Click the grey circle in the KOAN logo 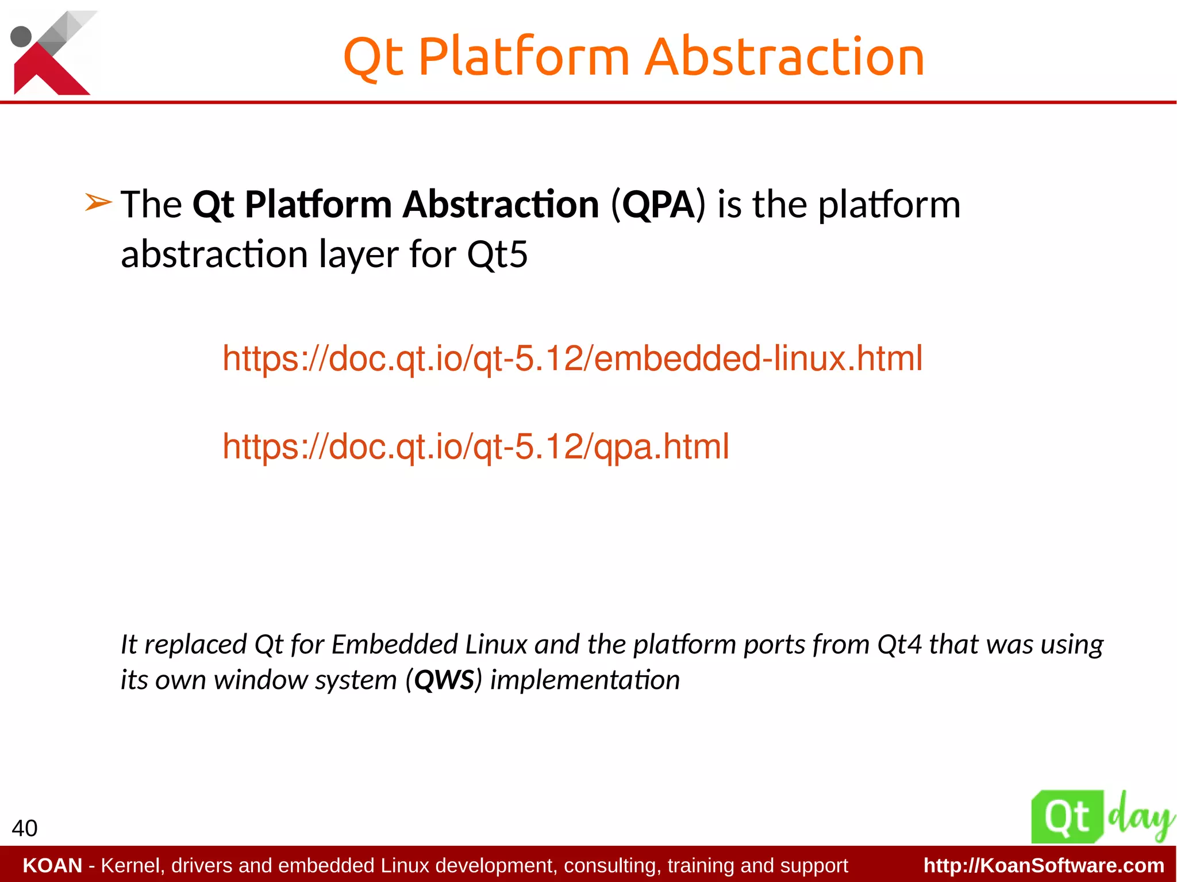click(21, 36)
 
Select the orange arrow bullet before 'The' click(98, 203)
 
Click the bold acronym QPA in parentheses click(658, 205)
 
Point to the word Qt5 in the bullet click(497, 254)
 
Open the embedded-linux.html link click(572, 359)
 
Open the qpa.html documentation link click(475, 446)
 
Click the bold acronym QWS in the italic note click(444, 680)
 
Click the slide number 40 click(24, 828)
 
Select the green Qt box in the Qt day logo click(1067, 816)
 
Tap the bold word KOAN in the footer click(52, 865)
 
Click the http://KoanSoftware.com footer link click(1044, 865)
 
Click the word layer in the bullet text click(358, 254)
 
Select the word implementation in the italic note click(584, 680)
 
